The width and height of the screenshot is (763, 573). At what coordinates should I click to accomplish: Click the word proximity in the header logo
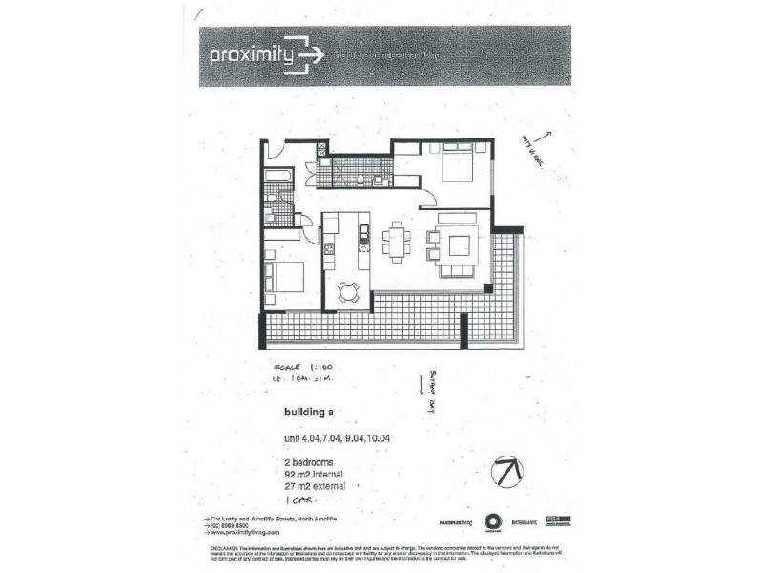pos(251,54)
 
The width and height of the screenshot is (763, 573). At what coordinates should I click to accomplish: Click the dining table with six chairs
pos(396,239)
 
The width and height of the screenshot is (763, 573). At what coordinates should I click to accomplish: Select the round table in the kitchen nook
pos(349,293)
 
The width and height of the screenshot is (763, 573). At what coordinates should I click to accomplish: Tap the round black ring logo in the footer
pos(492,521)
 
